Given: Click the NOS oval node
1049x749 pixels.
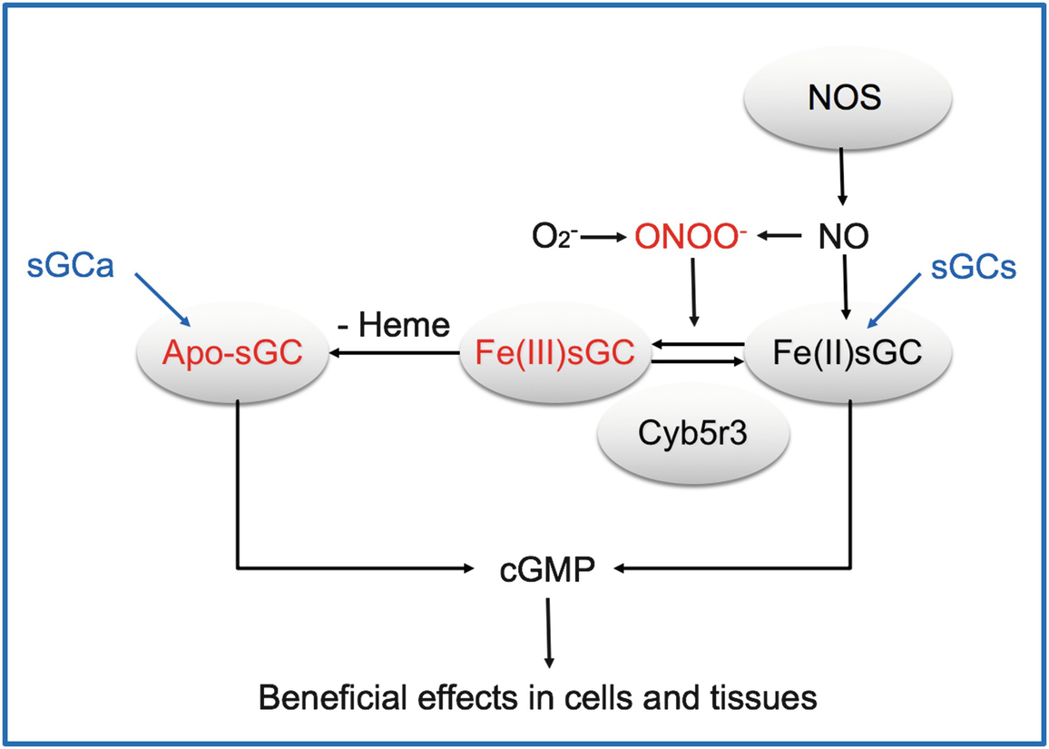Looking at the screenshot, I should (x=843, y=99).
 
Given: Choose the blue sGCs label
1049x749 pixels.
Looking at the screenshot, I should (x=975, y=269).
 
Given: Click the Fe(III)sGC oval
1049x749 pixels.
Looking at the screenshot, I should (x=556, y=353).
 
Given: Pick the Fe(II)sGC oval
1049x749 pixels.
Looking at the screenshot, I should (x=848, y=353).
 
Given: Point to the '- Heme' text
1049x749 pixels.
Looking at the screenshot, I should (x=396, y=325).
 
